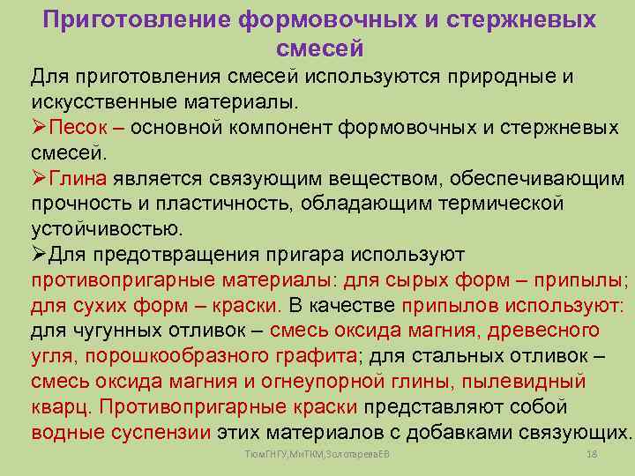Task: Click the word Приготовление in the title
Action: pyautogui.click(x=135, y=19)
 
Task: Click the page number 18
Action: pyautogui.click(x=592, y=453)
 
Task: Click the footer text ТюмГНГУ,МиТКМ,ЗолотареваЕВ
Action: pyautogui.click(x=318, y=453)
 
